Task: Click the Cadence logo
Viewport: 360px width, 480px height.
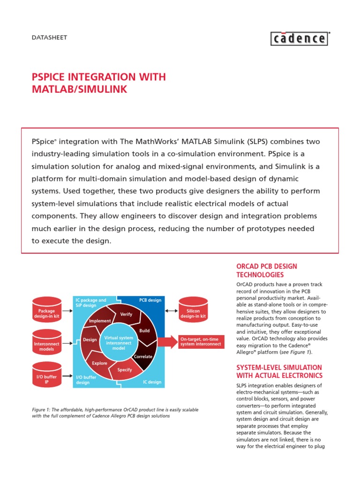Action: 300,38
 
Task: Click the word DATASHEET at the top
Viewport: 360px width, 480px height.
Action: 49,37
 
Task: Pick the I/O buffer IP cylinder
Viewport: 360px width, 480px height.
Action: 46,377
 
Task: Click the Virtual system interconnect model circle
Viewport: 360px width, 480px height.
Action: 118,342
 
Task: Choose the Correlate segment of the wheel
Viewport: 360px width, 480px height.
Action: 143,356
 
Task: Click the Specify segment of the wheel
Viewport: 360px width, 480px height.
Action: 124,370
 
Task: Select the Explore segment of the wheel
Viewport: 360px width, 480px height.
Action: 99,363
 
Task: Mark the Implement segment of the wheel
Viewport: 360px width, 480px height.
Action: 100,321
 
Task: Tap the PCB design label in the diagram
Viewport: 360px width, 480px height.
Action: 150,300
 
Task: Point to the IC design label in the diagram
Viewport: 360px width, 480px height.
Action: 152,382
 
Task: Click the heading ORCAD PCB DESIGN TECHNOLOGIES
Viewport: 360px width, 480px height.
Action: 267,270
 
